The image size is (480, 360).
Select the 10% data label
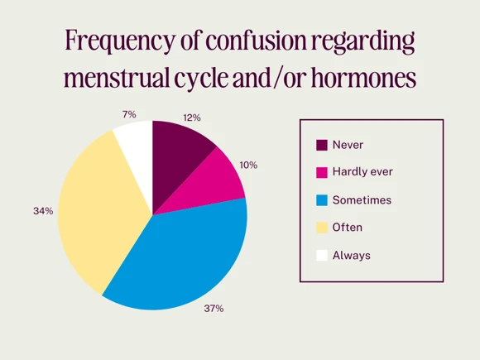click(248, 165)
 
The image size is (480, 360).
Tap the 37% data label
click(214, 309)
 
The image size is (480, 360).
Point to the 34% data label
click(43, 211)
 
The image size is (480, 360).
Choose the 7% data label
click(128, 114)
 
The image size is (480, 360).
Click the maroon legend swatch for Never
click(322, 145)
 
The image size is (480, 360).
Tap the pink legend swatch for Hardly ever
click(322, 172)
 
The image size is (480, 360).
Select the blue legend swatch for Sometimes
click(322, 199)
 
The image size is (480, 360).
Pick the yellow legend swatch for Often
click(322, 227)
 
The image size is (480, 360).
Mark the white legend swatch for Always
click(322, 255)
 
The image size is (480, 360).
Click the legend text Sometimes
click(362, 199)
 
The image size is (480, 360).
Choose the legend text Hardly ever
click(362, 172)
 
